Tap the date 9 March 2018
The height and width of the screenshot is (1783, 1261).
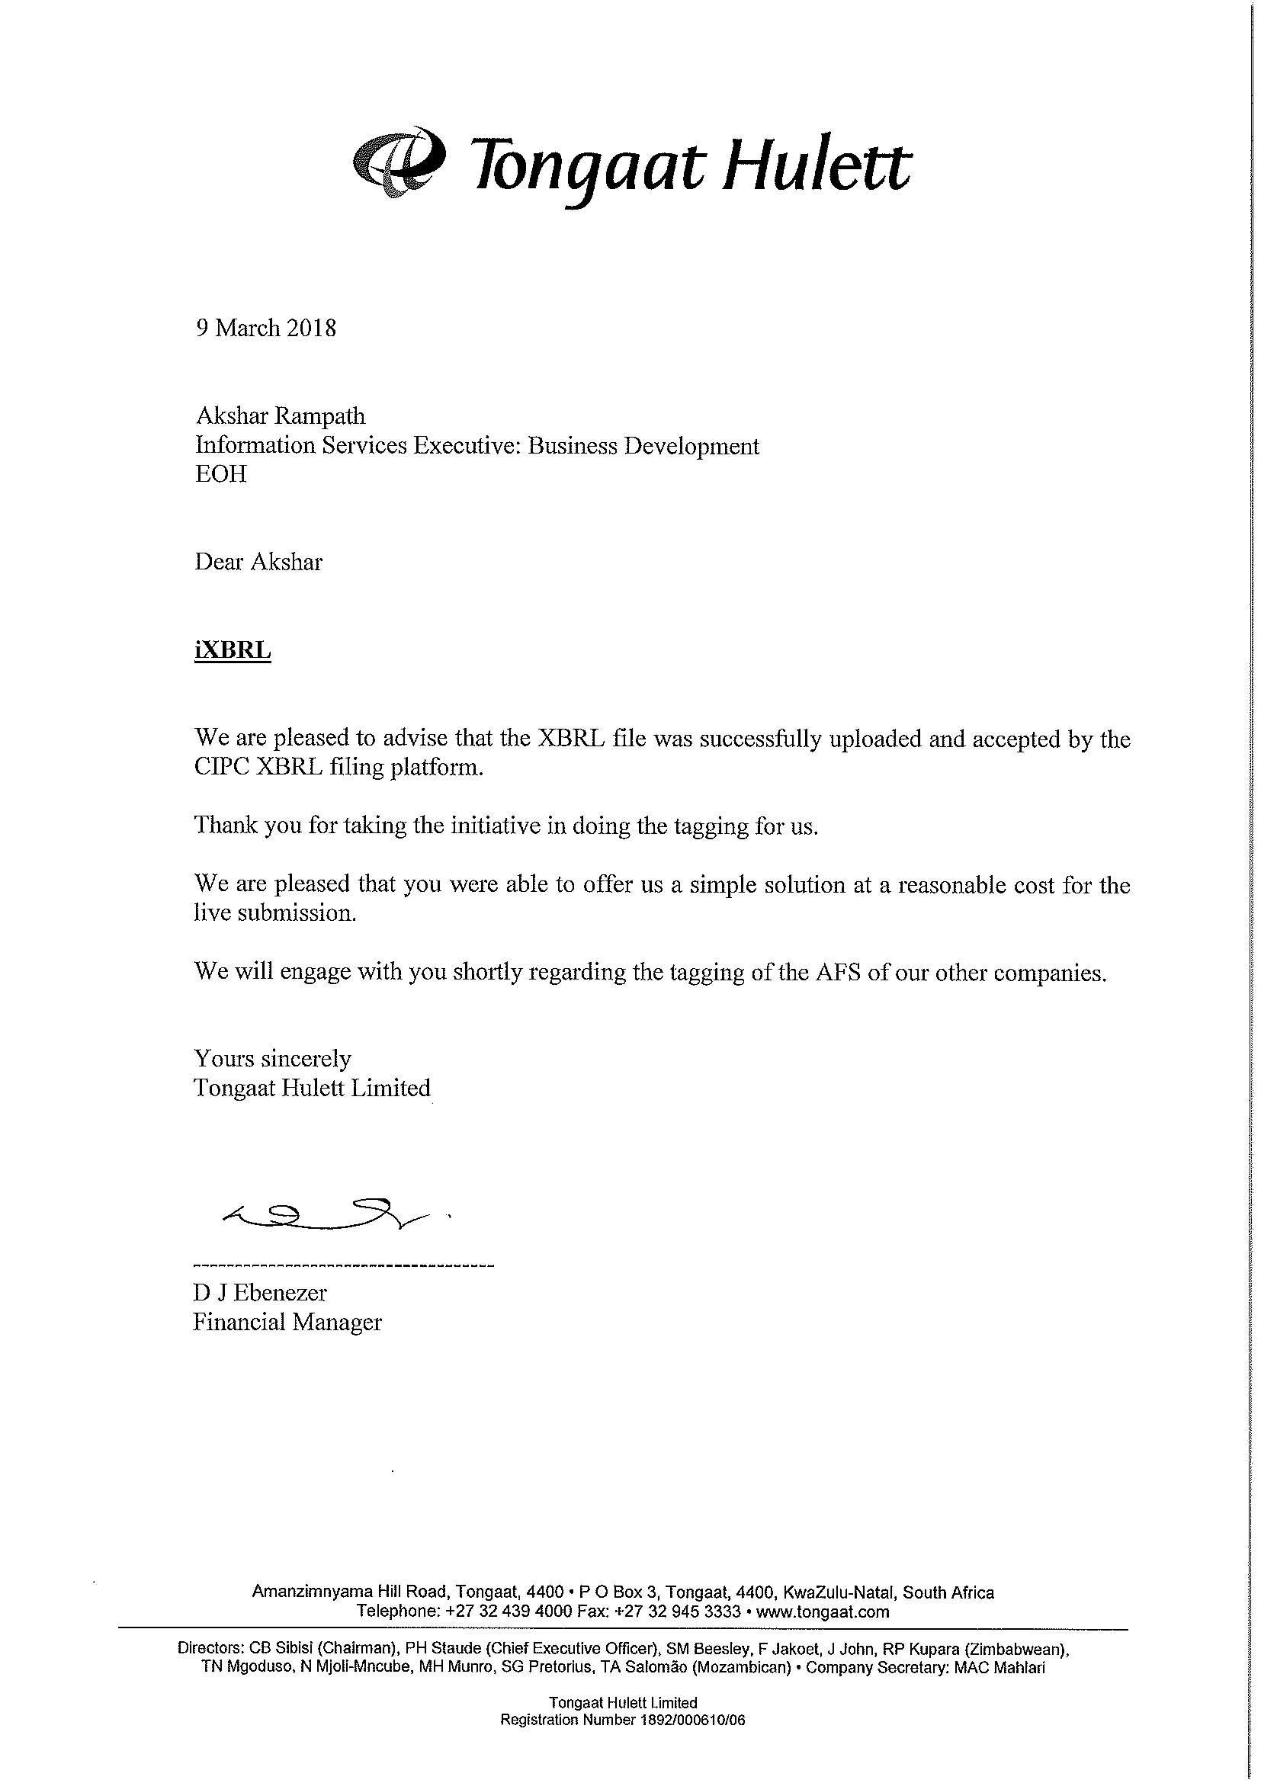point(265,328)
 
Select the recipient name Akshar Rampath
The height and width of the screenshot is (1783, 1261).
point(280,416)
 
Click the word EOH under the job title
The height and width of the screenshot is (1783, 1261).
point(220,473)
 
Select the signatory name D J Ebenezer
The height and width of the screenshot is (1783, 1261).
point(259,1292)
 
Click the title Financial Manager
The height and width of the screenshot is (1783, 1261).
point(287,1322)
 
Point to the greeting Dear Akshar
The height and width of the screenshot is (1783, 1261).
point(258,562)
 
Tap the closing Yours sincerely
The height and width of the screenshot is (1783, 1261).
point(271,1059)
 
